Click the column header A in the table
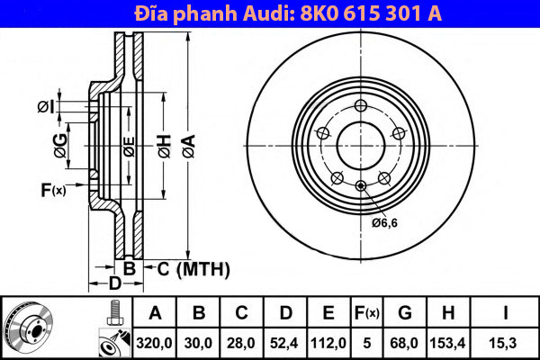pyautogui.click(x=155, y=313)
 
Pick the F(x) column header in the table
pyautogui.click(x=367, y=313)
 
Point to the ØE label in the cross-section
pyautogui.click(x=129, y=143)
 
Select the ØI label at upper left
pyautogui.click(x=47, y=108)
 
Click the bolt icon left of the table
pyautogui.click(x=115, y=314)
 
